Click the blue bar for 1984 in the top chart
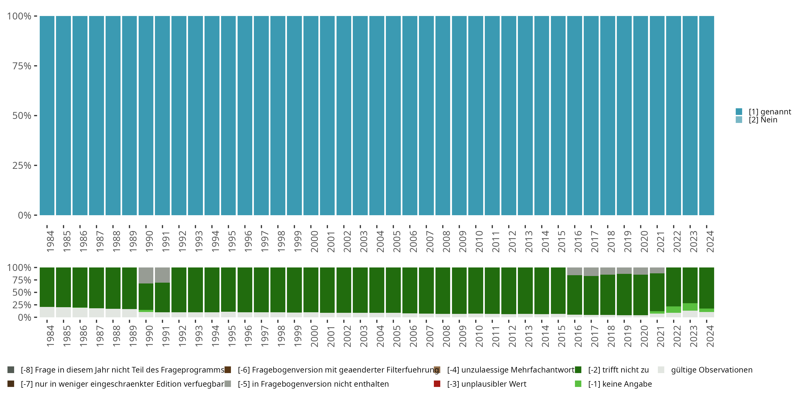(47, 115)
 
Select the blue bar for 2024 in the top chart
(706, 115)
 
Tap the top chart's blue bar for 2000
(311, 115)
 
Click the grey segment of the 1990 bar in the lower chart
(146, 275)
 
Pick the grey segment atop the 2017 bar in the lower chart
(591, 272)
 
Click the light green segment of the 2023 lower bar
(690, 307)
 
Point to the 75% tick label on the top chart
(22, 66)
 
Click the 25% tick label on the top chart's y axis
(22, 166)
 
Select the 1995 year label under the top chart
(232, 241)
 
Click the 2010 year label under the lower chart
(479, 336)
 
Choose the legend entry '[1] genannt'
(770, 112)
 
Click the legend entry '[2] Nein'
(763, 120)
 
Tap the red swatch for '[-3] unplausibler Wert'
(437, 384)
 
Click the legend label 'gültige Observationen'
(711, 370)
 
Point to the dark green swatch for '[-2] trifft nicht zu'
(578, 370)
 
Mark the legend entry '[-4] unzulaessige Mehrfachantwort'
(511, 370)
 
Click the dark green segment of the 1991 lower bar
(162, 297)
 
